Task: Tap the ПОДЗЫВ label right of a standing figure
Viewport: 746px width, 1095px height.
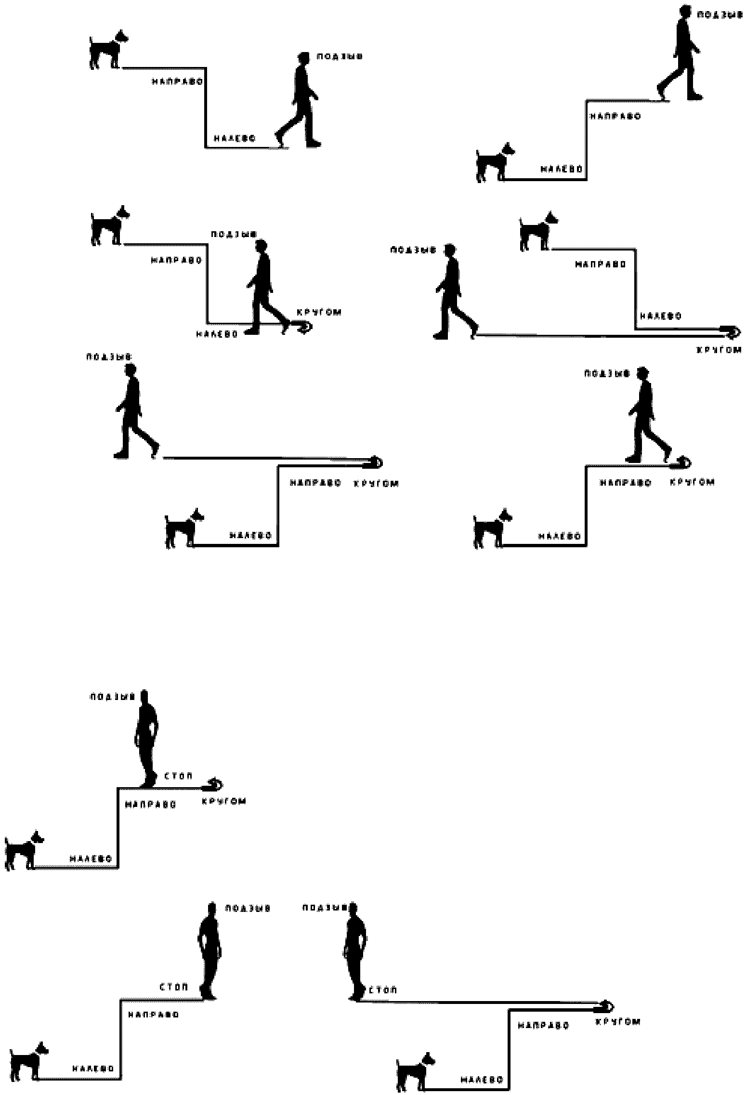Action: [x=248, y=909]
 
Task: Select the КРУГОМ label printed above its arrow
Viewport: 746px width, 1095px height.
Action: [x=319, y=312]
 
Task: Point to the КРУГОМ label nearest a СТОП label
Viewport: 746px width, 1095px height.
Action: [x=223, y=801]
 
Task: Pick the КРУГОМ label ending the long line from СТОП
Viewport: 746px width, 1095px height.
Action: [x=618, y=1021]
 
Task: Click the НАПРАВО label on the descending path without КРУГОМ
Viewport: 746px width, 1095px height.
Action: [x=177, y=81]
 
